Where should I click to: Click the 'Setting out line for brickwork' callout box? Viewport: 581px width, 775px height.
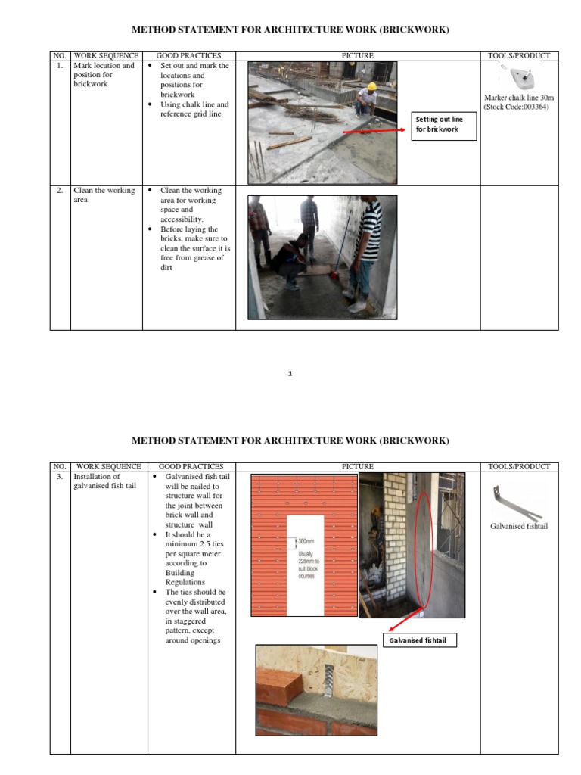445,124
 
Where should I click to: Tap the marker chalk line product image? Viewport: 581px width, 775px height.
519,78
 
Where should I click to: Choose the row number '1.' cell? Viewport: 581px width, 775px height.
60,66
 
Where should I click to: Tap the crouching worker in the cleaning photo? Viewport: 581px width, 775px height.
290,260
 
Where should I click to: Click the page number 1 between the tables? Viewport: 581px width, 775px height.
290,373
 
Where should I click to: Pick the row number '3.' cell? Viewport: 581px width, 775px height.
60,478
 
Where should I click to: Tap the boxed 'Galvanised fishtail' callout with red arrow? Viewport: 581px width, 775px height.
421,641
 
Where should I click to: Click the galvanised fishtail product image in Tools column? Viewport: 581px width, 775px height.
517,500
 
